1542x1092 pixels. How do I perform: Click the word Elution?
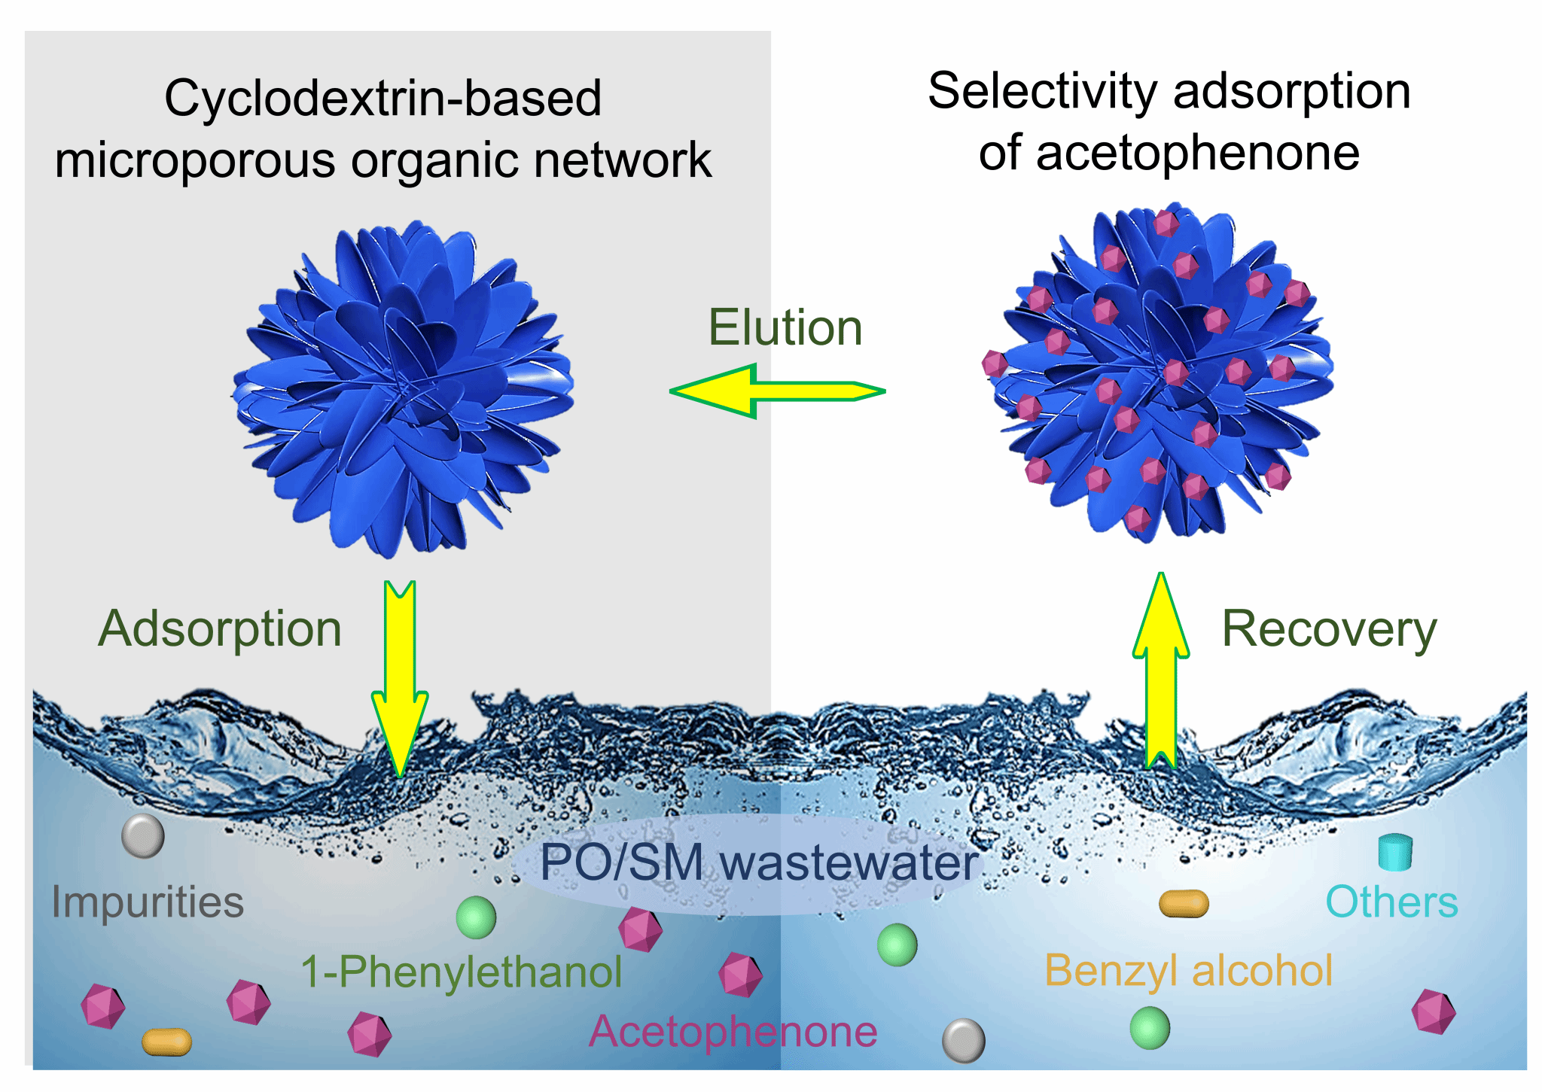click(x=785, y=328)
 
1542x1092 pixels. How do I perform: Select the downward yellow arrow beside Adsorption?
click(x=400, y=677)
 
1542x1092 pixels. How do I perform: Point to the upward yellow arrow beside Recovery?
click(x=1161, y=670)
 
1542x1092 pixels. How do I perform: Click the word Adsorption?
click(x=220, y=629)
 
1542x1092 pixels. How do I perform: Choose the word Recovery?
click(x=1329, y=629)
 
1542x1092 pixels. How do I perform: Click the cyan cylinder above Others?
click(x=1395, y=853)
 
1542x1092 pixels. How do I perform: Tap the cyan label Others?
click(x=1391, y=902)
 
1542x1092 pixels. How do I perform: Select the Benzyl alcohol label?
click(x=1188, y=971)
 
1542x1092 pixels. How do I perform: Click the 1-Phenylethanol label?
click(x=461, y=972)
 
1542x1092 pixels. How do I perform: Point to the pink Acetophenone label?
click(x=733, y=1032)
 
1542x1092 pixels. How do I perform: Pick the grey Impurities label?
click(x=148, y=902)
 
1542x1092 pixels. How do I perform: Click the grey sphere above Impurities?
click(x=143, y=836)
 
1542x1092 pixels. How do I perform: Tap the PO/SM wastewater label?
click(x=759, y=862)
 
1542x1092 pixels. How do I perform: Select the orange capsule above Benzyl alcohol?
click(x=1184, y=904)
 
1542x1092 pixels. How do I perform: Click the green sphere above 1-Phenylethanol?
click(x=476, y=917)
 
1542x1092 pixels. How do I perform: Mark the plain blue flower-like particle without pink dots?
click(x=403, y=388)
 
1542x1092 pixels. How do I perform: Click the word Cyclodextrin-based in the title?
click(x=382, y=99)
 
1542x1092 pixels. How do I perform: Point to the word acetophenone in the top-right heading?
click(x=1197, y=154)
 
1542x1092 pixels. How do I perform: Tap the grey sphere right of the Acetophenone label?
click(x=963, y=1041)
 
